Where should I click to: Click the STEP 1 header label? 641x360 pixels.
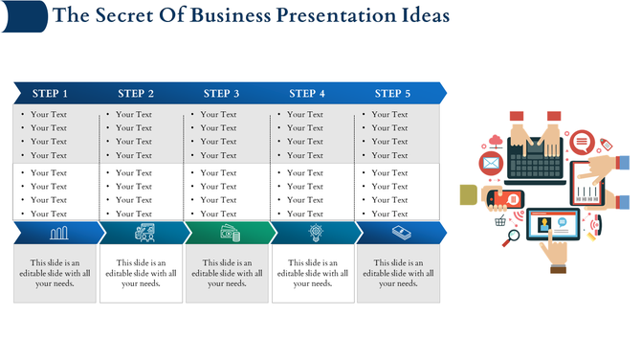coord(50,94)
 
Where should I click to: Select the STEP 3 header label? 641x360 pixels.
coord(221,94)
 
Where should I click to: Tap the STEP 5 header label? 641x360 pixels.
coord(392,94)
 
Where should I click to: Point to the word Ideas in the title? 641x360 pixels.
coord(421,16)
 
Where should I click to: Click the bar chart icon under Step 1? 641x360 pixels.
coord(58,233)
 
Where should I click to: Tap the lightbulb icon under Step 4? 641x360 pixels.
coord(315,233)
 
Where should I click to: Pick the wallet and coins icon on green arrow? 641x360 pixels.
coord(230,233)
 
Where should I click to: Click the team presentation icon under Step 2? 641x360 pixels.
coord(144,233)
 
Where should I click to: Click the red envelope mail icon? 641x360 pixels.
coord(491,164)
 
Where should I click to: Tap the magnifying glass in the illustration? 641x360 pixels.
coord(513,236)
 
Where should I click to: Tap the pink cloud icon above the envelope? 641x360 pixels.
coord(495,141)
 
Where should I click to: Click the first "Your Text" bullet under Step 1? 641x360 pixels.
coord(48,115)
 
